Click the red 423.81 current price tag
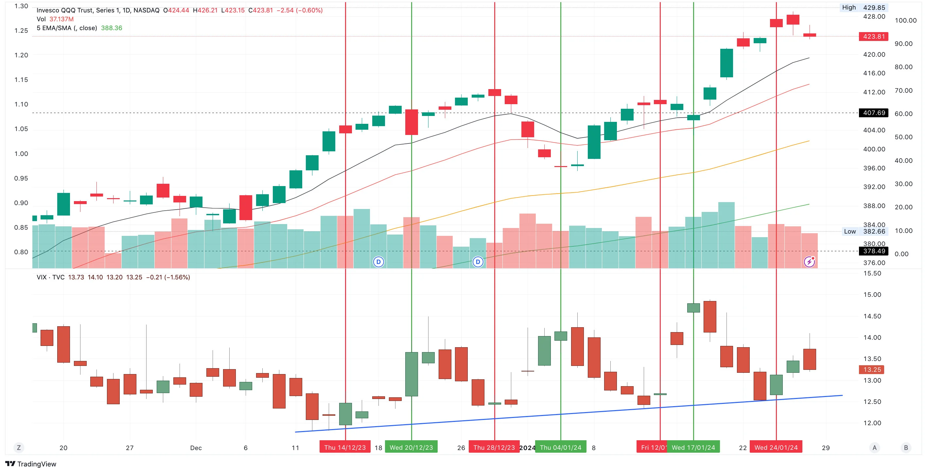pos(873,36)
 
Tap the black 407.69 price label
pos(873,113)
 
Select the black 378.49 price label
pos(873,251)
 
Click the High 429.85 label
pos(864,8)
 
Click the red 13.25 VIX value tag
pos(872,369)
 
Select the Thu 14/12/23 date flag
pos(345,447)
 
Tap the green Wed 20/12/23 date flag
pos(411,447)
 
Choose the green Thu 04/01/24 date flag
pos(561,447)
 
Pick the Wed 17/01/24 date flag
pos(693,447)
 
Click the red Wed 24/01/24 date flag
pos(776,447)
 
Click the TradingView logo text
pos(31,464)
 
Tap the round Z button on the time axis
pos(19,448)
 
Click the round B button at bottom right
pos(906,448)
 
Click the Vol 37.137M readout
pos(55,19)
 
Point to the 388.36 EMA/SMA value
pos(112,28)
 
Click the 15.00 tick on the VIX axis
pos(872,295)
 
